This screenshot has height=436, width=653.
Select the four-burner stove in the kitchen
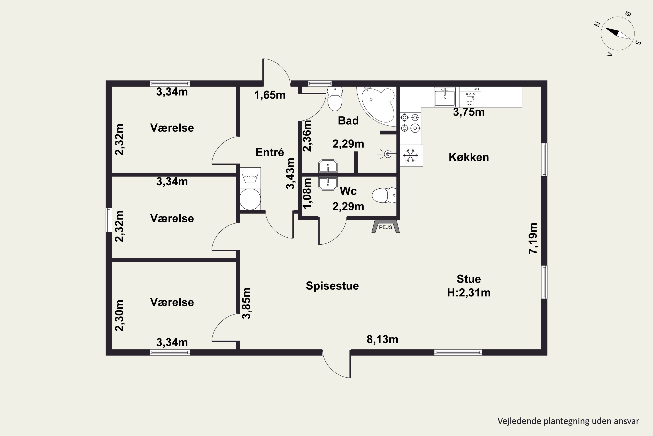coord(410,123)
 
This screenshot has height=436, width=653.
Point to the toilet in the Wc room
coord(384,195)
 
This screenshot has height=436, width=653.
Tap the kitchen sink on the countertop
coord(445,97)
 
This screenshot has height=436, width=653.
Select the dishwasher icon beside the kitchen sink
coord(470,97)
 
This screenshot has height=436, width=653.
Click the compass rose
coord(618,34)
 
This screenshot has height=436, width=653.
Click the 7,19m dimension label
coord(533,238)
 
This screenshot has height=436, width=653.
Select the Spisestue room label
coord(332,286)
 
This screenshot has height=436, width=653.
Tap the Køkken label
coord(469,157)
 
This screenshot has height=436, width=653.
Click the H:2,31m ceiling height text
coord(469,293)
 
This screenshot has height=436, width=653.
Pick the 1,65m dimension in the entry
coord(270,95)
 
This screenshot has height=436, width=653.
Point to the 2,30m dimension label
coord(119,315)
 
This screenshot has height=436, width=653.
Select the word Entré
coord(270,152)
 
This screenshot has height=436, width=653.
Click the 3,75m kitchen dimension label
coord(469,112)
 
